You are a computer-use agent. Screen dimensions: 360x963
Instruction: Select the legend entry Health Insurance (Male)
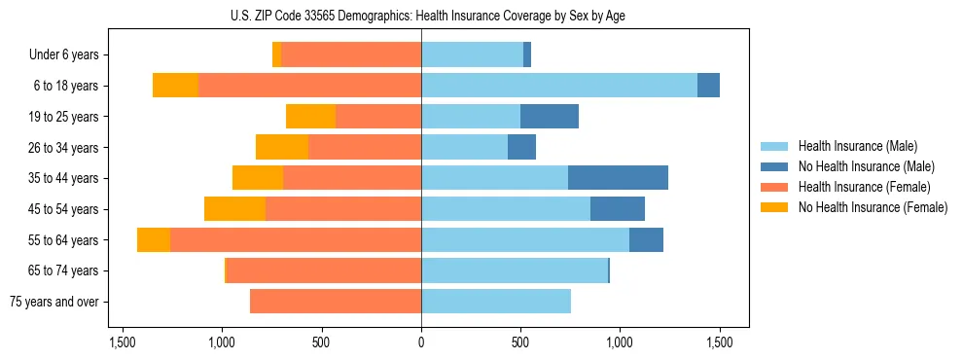[857, 146]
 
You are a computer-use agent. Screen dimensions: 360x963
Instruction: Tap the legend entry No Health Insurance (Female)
[873, 207]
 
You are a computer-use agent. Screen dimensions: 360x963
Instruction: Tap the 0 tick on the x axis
[421, 343]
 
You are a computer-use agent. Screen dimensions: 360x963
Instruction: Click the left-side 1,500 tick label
[123, 343]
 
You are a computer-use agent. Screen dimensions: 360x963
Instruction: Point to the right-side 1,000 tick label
[620, 343]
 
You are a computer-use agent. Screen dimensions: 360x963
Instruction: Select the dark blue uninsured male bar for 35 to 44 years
[618, 178]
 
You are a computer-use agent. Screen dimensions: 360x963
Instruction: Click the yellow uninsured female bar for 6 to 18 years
[175, 86]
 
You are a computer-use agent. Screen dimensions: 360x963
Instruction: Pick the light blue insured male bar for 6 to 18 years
[559, 86]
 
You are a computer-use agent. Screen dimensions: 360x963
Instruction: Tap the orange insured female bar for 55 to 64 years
[296, 240]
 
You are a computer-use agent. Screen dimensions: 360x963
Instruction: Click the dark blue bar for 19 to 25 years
[550, 117]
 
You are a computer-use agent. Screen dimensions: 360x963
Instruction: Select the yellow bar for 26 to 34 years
[282, 147]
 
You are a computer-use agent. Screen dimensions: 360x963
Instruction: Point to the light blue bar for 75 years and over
[496, 302]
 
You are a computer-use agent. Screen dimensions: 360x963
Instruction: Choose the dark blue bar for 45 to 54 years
[618, 209]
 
